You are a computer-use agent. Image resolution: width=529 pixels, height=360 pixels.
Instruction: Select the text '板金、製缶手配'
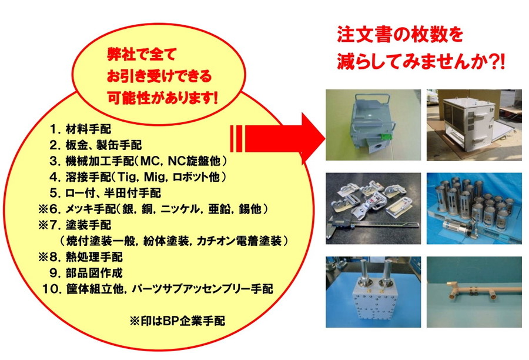coord(103,145)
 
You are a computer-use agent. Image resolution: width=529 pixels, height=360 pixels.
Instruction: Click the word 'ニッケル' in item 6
coord(180,209)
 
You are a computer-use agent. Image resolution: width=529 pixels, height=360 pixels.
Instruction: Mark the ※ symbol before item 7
coord(43,225)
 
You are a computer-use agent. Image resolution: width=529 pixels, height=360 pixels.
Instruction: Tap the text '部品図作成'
coord(94,273)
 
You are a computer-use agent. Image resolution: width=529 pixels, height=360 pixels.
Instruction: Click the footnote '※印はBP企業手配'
coord(178,321)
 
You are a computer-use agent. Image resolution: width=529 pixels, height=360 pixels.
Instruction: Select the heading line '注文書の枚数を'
coord(400,35)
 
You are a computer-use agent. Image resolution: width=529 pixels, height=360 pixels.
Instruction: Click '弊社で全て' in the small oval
coord(142,54)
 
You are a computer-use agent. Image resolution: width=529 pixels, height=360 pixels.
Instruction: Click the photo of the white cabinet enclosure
coord(474,125)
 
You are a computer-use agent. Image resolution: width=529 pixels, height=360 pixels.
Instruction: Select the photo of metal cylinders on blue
coord(474,208)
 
